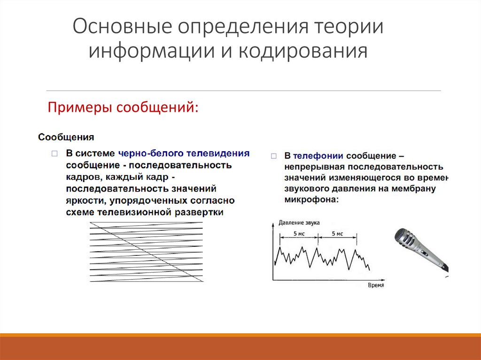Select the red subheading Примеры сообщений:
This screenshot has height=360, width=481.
123,107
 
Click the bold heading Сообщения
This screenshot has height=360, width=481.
66,138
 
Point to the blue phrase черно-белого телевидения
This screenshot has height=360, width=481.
184,153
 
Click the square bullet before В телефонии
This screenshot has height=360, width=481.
274,155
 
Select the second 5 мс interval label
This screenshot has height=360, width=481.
337,233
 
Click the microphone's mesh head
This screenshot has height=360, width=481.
405,239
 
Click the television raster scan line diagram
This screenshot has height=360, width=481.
146,252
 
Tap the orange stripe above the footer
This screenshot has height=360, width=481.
240,335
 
